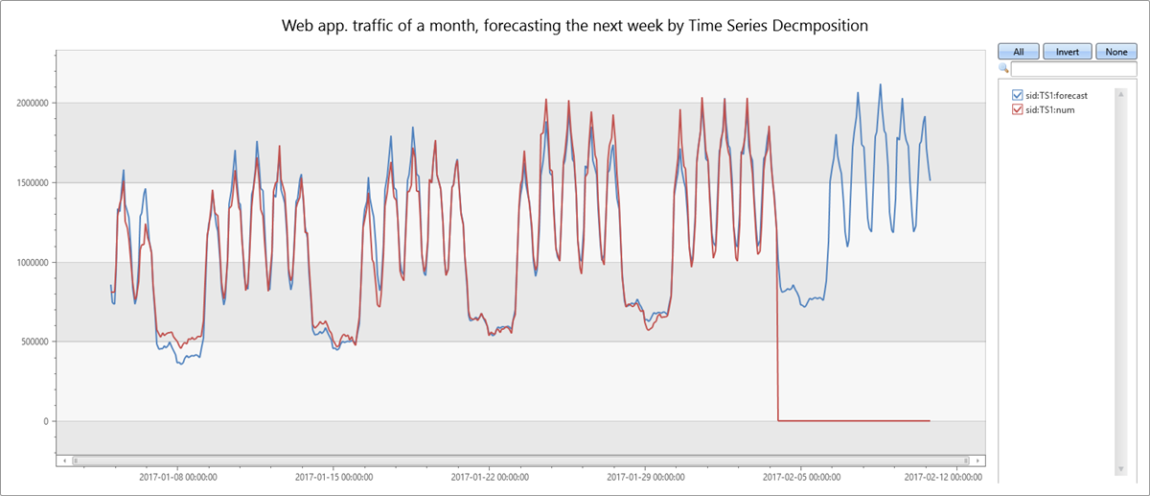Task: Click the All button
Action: click(x=1019, y=52)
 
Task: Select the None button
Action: click(x=1115, y=52)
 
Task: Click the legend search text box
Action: click(x=1060, y=69)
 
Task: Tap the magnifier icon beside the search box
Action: click(x=1003, y=69)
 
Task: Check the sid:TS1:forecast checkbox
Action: click(x=1018, y=96)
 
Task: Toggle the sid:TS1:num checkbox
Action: click(x=1018, y=110)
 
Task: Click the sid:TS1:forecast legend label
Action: click(x=1056, y=96)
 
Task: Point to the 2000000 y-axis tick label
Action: click(x=29, y=103)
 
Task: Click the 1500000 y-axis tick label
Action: click(x=29, y=182)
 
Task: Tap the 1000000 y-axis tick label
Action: click(x=29, y=262)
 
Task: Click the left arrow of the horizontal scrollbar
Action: click(x=64, y=461)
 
